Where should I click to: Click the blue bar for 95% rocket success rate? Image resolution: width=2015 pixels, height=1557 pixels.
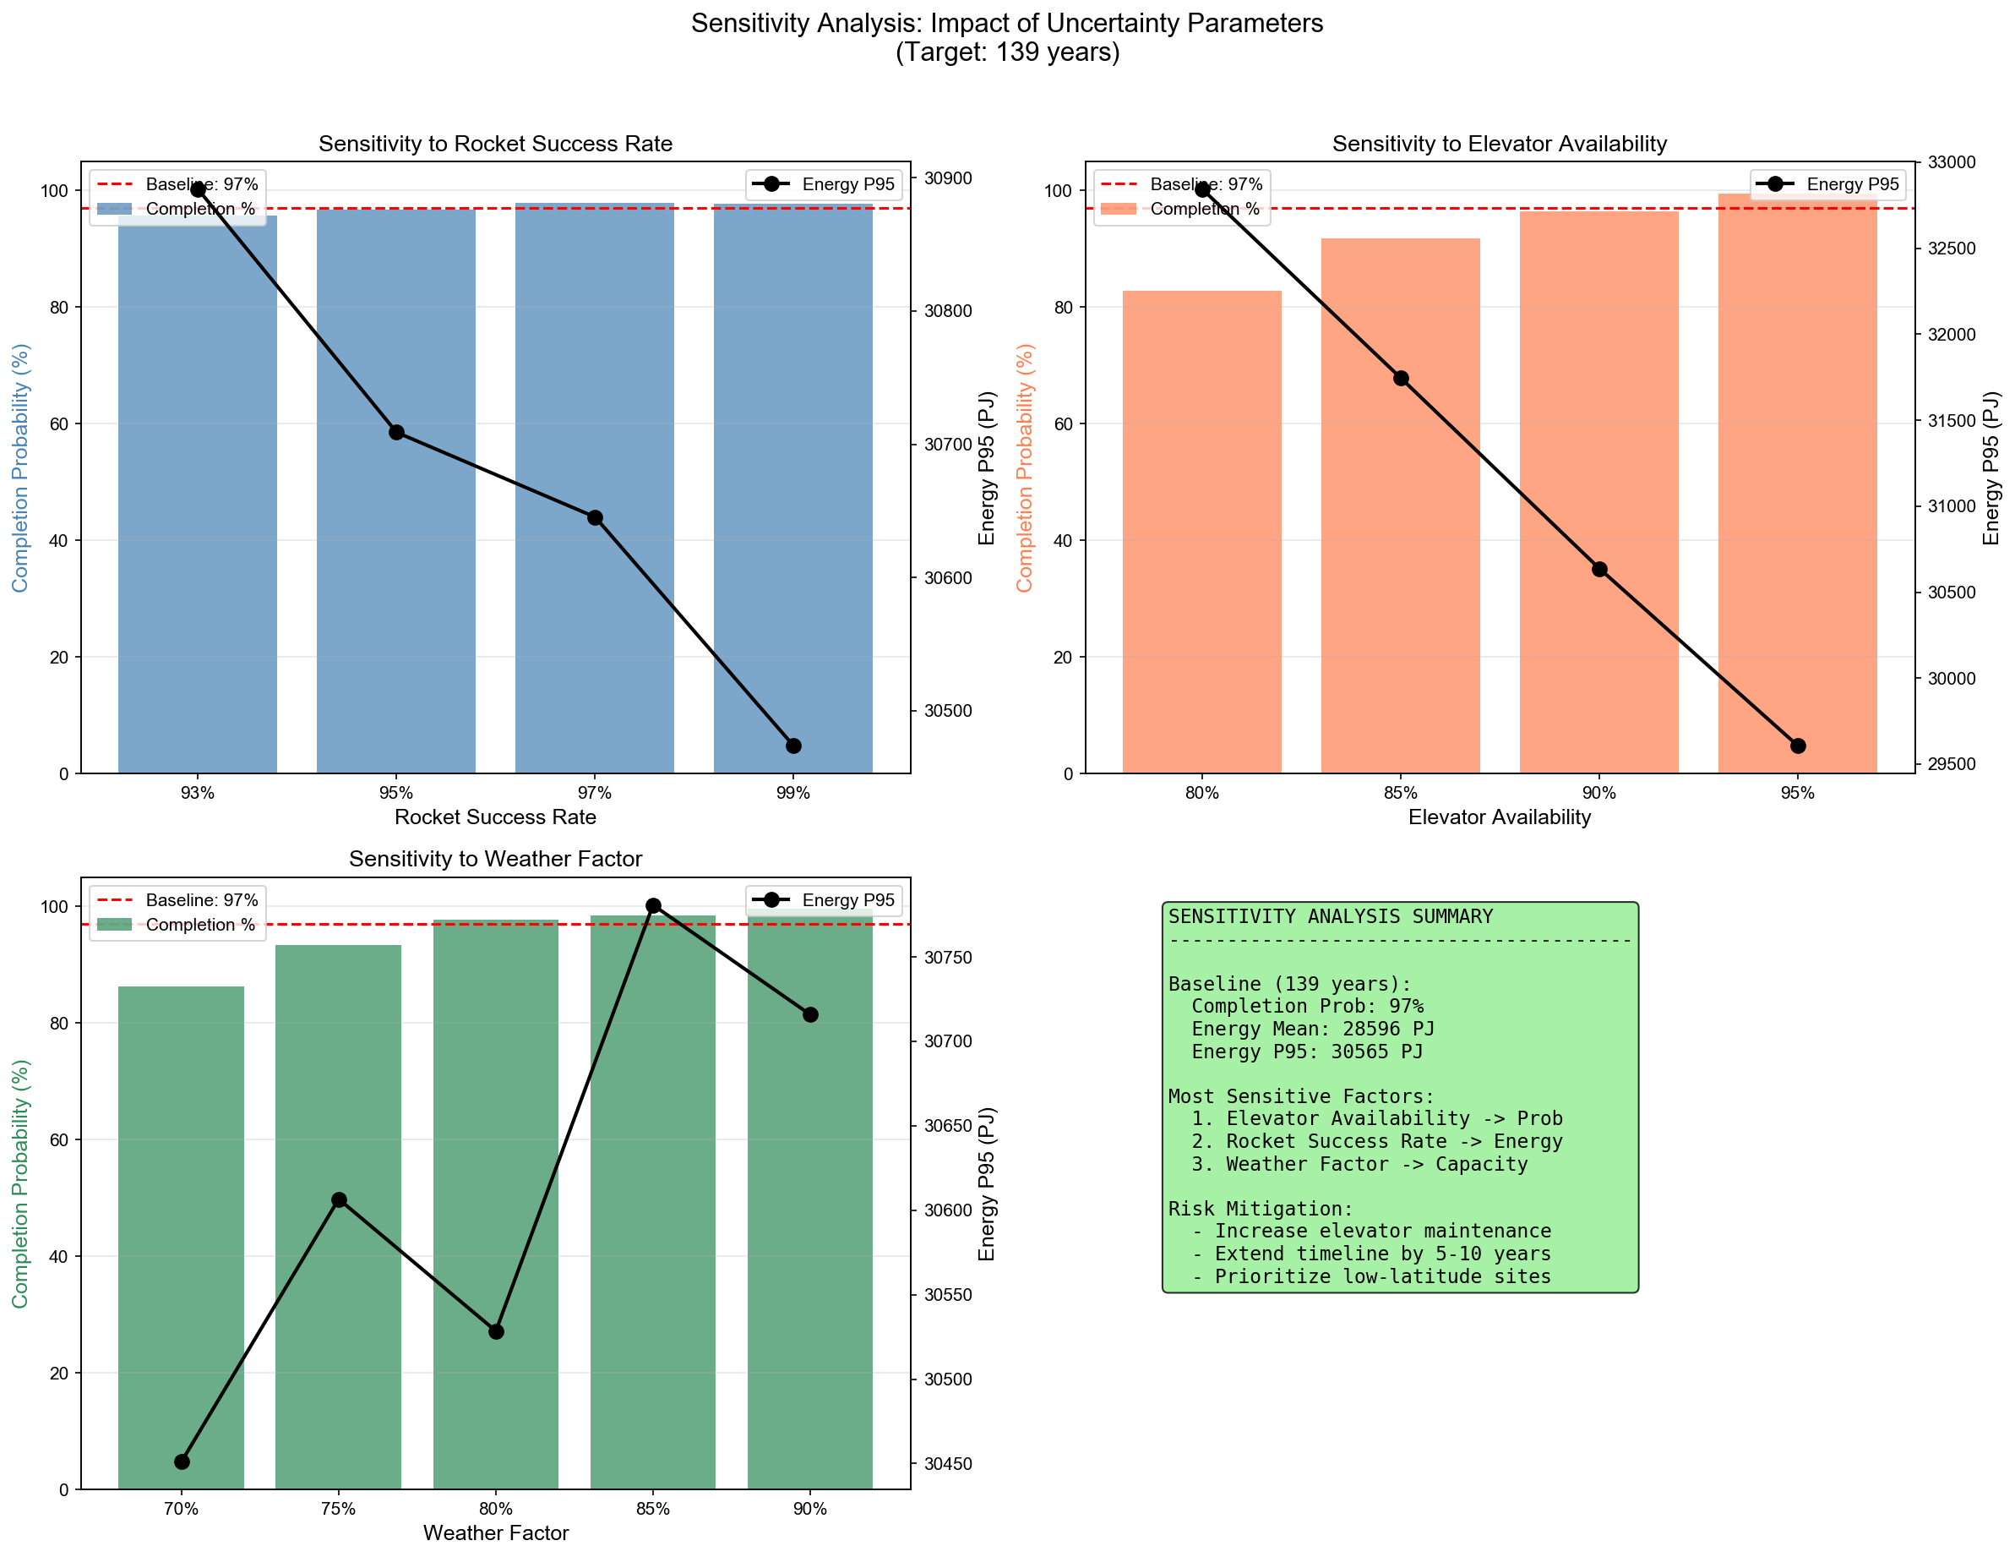(x=395, y=554)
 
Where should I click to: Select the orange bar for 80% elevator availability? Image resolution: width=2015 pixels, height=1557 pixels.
(x=1201, y=554)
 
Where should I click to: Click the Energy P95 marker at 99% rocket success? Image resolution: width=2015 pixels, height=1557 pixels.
(x=793, y=746)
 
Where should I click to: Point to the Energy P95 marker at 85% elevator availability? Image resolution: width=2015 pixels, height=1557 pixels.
(x=1401, y=379)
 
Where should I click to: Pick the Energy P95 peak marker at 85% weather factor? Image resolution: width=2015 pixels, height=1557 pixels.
(x=653, y=905)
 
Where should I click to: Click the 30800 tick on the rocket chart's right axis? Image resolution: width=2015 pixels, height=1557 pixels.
(x=948, y=311)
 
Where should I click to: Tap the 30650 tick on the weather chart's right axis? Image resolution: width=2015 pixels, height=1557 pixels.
(x=948, y=1126)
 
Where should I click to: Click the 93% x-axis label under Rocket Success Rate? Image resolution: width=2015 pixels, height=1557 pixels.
(x=198, y=793)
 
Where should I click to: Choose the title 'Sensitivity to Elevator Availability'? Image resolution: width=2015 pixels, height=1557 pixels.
(x=1500, y=144)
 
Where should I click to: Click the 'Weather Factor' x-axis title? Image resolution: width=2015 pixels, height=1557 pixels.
(x=495, y=1533)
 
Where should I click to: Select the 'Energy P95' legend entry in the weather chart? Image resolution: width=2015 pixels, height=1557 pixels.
(x=847, y=900)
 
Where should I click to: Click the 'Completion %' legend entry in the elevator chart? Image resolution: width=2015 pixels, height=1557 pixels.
(x=1204, y=210)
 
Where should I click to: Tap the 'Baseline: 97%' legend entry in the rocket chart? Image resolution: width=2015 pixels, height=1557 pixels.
(x=201, y=184)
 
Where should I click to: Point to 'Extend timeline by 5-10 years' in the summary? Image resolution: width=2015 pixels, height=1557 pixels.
(x=1382, y=1254)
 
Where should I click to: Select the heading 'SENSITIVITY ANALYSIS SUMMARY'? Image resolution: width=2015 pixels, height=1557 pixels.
(x=1330, y=916)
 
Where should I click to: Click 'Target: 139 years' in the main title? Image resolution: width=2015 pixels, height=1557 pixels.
(x=1007, y=52)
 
